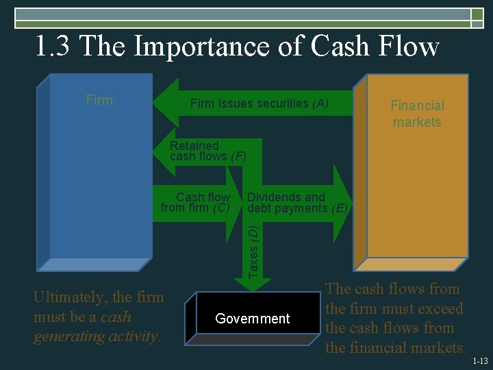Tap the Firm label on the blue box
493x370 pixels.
99,100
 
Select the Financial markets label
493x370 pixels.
417,114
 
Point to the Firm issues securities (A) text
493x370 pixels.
260,103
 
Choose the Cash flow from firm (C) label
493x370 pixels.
197,202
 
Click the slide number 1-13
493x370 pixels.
481,360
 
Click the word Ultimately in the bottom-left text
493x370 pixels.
71,297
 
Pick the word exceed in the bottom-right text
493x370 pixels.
436,309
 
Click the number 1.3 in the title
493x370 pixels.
53,47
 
